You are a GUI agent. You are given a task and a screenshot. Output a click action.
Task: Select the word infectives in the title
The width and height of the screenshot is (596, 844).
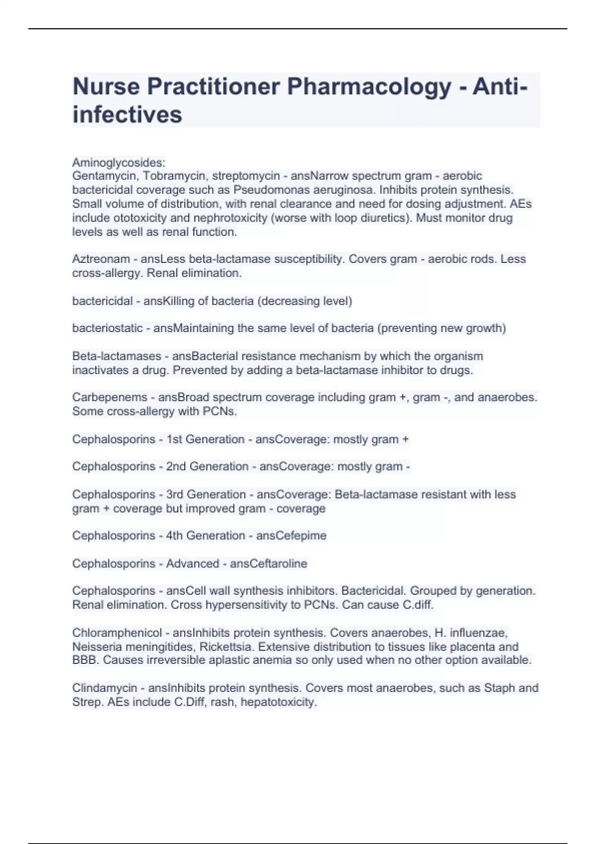127,115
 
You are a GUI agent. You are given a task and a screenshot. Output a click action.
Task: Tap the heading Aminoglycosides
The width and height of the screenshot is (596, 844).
118,162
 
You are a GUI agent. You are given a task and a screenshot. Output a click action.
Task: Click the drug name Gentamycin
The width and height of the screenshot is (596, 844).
104,176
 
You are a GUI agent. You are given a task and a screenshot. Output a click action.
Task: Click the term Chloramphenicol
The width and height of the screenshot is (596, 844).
117,633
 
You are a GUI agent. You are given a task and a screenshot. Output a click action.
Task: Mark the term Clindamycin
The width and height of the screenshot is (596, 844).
104,688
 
